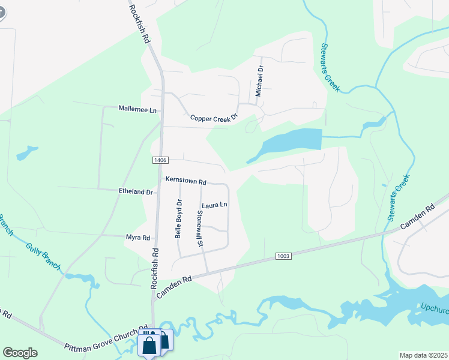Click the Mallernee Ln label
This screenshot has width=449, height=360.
pos(137,110)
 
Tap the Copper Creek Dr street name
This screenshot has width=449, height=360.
pos(214,118)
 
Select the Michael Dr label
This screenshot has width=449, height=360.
pos(259,82)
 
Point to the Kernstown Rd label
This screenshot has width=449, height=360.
pos(186,181)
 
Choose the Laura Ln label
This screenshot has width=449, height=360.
pos(214,205)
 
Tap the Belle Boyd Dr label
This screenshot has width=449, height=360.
pos(178,219)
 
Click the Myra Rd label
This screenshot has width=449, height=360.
pos(138,238)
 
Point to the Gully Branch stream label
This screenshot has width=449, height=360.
pos(43,255)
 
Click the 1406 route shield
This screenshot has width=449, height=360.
pos(160,160)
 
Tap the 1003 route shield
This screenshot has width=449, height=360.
pos(284,256)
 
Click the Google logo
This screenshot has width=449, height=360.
pos(20,353)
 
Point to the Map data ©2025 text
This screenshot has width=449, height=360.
pos(423,355)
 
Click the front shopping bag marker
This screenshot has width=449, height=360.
pos(149,346)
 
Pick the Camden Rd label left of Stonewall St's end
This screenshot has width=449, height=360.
pos(174,287)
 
